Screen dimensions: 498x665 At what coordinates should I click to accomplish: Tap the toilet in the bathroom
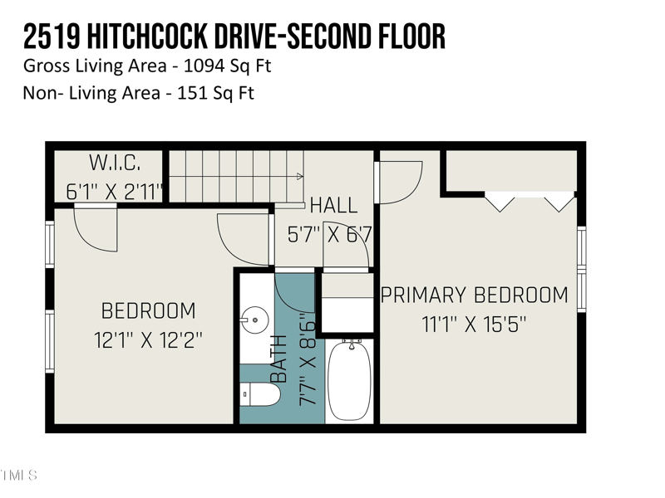coord(261,393)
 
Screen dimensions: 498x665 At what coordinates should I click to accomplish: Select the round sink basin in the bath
coord(257,317)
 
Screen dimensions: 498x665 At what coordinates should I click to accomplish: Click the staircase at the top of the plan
coord(233,176)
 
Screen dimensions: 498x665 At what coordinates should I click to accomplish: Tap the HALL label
coord(333,205)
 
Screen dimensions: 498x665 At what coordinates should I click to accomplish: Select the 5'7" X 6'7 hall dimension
coord(329,235)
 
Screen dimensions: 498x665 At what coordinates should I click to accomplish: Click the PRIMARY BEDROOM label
coord(475,295)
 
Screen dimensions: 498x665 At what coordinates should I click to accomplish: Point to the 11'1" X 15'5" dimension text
coord(475,324)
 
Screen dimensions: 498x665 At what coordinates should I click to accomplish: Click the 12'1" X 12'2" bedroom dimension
coord(148,339)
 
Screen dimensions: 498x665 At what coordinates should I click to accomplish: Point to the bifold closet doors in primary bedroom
coord(530,202)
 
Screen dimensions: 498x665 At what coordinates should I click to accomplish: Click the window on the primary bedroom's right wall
coord(582,270)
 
